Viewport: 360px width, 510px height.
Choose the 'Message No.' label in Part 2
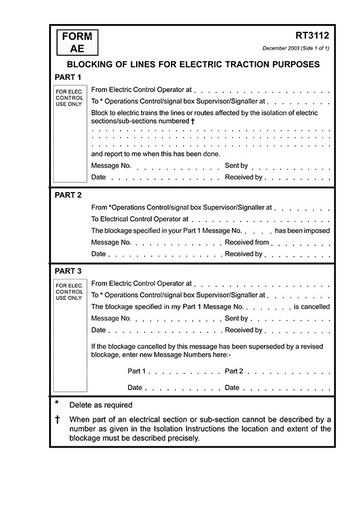coord(111,242)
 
